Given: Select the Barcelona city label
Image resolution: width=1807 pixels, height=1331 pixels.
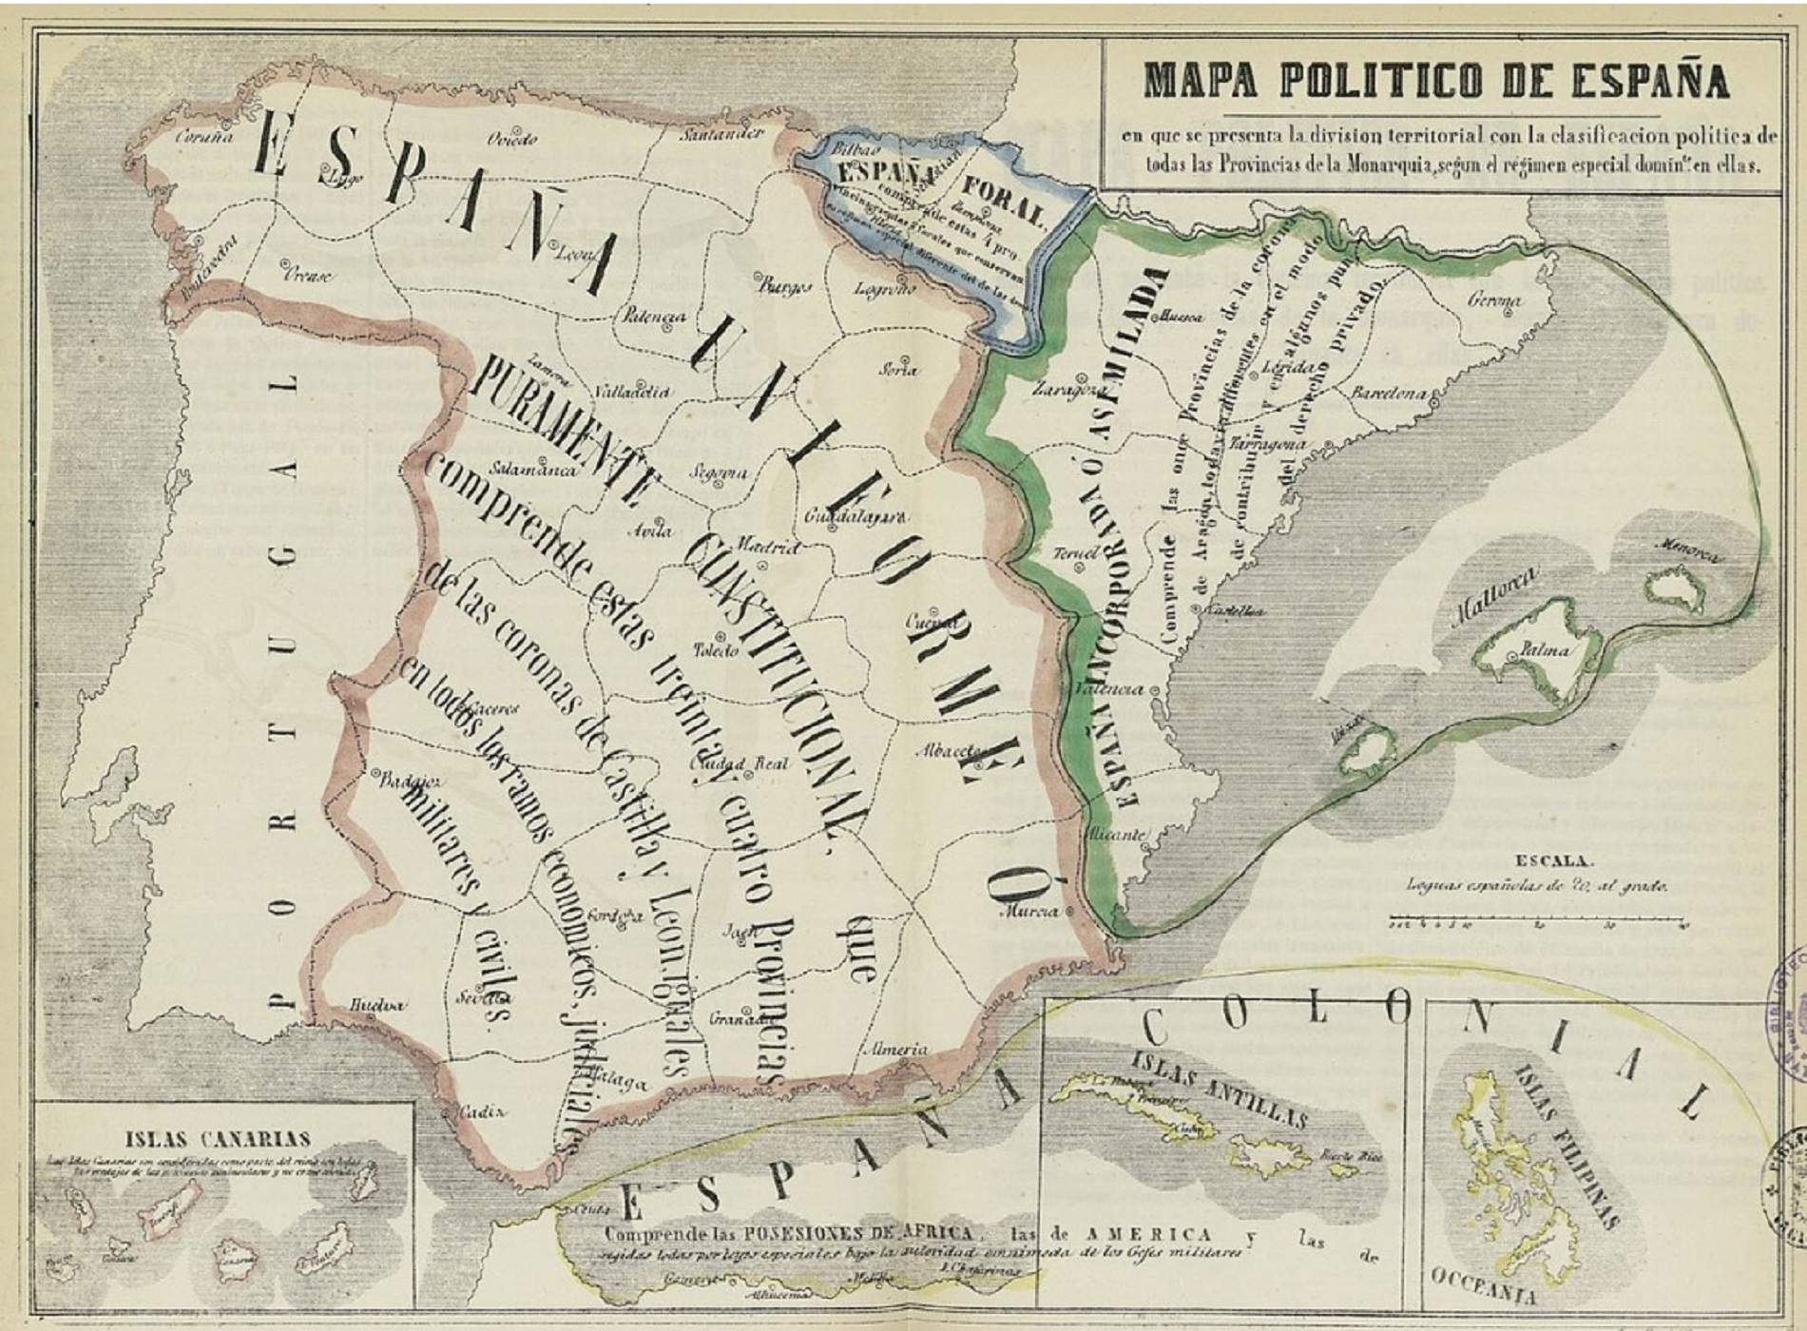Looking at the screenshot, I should [1389, 393].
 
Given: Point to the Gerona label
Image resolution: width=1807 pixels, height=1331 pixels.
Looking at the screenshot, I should [1494, 300].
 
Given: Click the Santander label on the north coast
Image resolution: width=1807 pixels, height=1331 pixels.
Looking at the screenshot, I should [721, 134].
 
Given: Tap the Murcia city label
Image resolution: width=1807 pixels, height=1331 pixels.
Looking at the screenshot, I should [1030, 912].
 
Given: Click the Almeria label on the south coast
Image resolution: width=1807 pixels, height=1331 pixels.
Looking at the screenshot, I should [894, 1050].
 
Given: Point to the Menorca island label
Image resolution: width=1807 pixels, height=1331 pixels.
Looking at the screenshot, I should [1688, 550].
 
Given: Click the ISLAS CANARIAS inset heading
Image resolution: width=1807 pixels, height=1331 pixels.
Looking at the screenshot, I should [218, 1139].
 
